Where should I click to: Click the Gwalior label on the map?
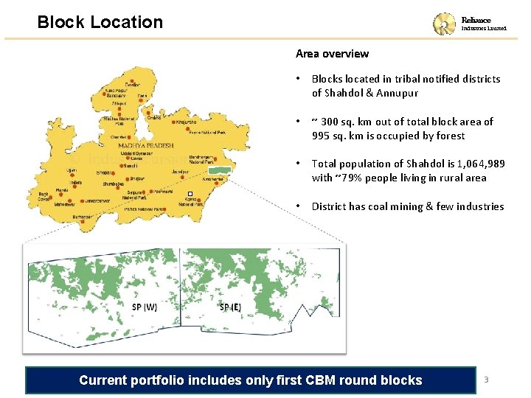click(133, 85)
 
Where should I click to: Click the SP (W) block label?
click(145, 307)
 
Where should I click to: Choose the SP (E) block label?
click(230, 307)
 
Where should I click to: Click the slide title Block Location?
click(100, 22)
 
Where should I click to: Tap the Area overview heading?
click(332, 54)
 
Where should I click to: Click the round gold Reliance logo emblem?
click(444, 24)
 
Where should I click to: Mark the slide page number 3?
click(486, 380)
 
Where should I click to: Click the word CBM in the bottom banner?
click(308, 380)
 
